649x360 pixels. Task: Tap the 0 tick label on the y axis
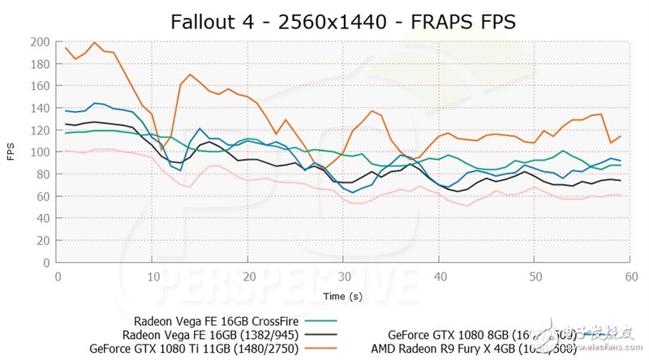pos(45,263)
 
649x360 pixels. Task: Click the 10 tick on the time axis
pos(153,276)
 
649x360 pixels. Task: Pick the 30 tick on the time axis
pos(344,276)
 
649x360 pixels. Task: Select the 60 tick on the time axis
pos(630,276)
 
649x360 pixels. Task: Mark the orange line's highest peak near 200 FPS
pos(95,42)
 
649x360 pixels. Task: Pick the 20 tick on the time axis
pos(249,276)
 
